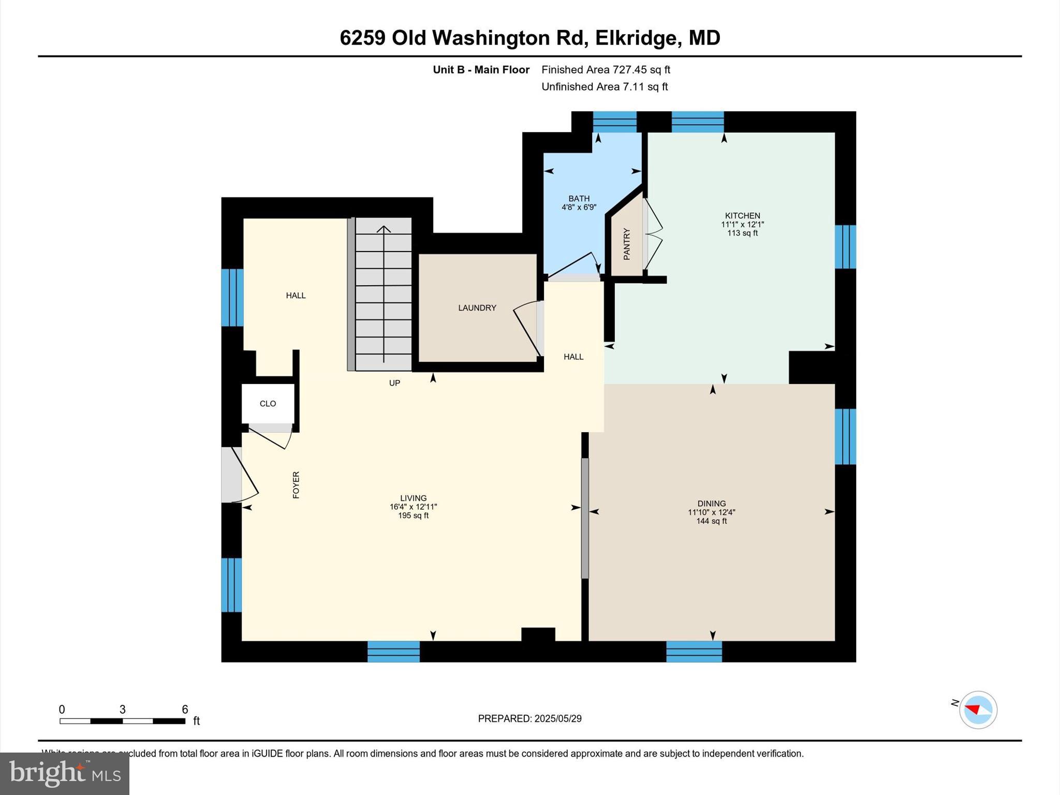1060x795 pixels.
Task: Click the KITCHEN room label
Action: click(742, 215)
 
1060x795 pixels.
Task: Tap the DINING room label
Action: click(711, 503)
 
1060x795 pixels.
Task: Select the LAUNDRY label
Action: click(477, 307)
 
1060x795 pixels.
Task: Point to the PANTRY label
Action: click(627, 243)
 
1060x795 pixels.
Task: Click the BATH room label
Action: click(579, 198)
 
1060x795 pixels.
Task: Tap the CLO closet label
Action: click(268, 403)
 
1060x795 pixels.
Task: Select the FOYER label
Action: click(296, 484)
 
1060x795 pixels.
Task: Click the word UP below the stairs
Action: click(394, 383)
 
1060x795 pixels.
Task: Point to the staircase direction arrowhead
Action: click(384, 229)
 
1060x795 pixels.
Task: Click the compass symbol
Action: click(978, 710)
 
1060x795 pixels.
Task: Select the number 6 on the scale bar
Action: click(185, 709)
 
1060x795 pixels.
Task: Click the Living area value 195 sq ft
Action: click(413, 516)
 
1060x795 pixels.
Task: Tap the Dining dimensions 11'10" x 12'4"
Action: click(711, 512)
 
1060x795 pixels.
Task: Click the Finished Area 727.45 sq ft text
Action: click(606, 69)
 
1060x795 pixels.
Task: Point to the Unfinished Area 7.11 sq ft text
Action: click(604, 86)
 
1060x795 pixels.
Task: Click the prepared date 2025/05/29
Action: click(558, 718)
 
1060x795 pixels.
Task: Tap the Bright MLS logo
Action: click(65, 773)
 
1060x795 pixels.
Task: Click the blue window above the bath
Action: click(614, 122)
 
